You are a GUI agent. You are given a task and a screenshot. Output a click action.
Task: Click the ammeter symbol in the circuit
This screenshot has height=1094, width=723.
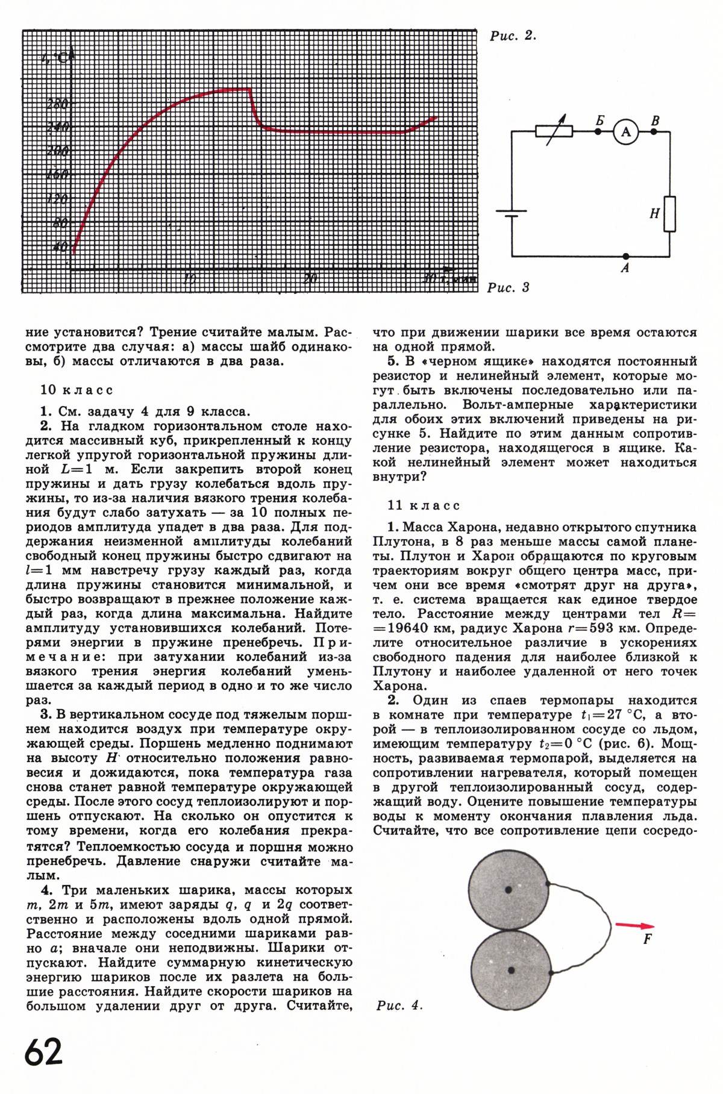625,131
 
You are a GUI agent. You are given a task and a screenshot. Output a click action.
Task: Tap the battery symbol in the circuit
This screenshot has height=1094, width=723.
511,215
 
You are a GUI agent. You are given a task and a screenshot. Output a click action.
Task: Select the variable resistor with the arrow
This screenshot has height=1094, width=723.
554,131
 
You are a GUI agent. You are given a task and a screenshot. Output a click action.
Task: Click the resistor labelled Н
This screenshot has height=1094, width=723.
669,214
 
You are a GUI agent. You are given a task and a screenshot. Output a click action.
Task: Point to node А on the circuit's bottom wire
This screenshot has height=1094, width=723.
625,256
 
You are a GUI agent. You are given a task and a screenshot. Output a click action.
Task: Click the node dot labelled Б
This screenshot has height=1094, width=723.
598,131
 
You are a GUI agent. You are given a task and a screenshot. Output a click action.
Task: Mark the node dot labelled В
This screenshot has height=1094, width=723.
654,131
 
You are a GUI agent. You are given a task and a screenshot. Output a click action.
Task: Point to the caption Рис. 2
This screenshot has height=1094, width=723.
513,36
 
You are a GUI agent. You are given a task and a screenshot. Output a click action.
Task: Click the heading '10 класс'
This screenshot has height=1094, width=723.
77,390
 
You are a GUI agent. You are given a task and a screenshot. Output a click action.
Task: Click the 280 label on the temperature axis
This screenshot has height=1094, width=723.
57,104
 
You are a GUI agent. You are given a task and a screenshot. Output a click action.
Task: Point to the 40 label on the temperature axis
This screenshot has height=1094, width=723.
60,246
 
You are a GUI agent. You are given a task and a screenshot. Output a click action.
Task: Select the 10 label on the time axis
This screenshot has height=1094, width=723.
189,278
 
